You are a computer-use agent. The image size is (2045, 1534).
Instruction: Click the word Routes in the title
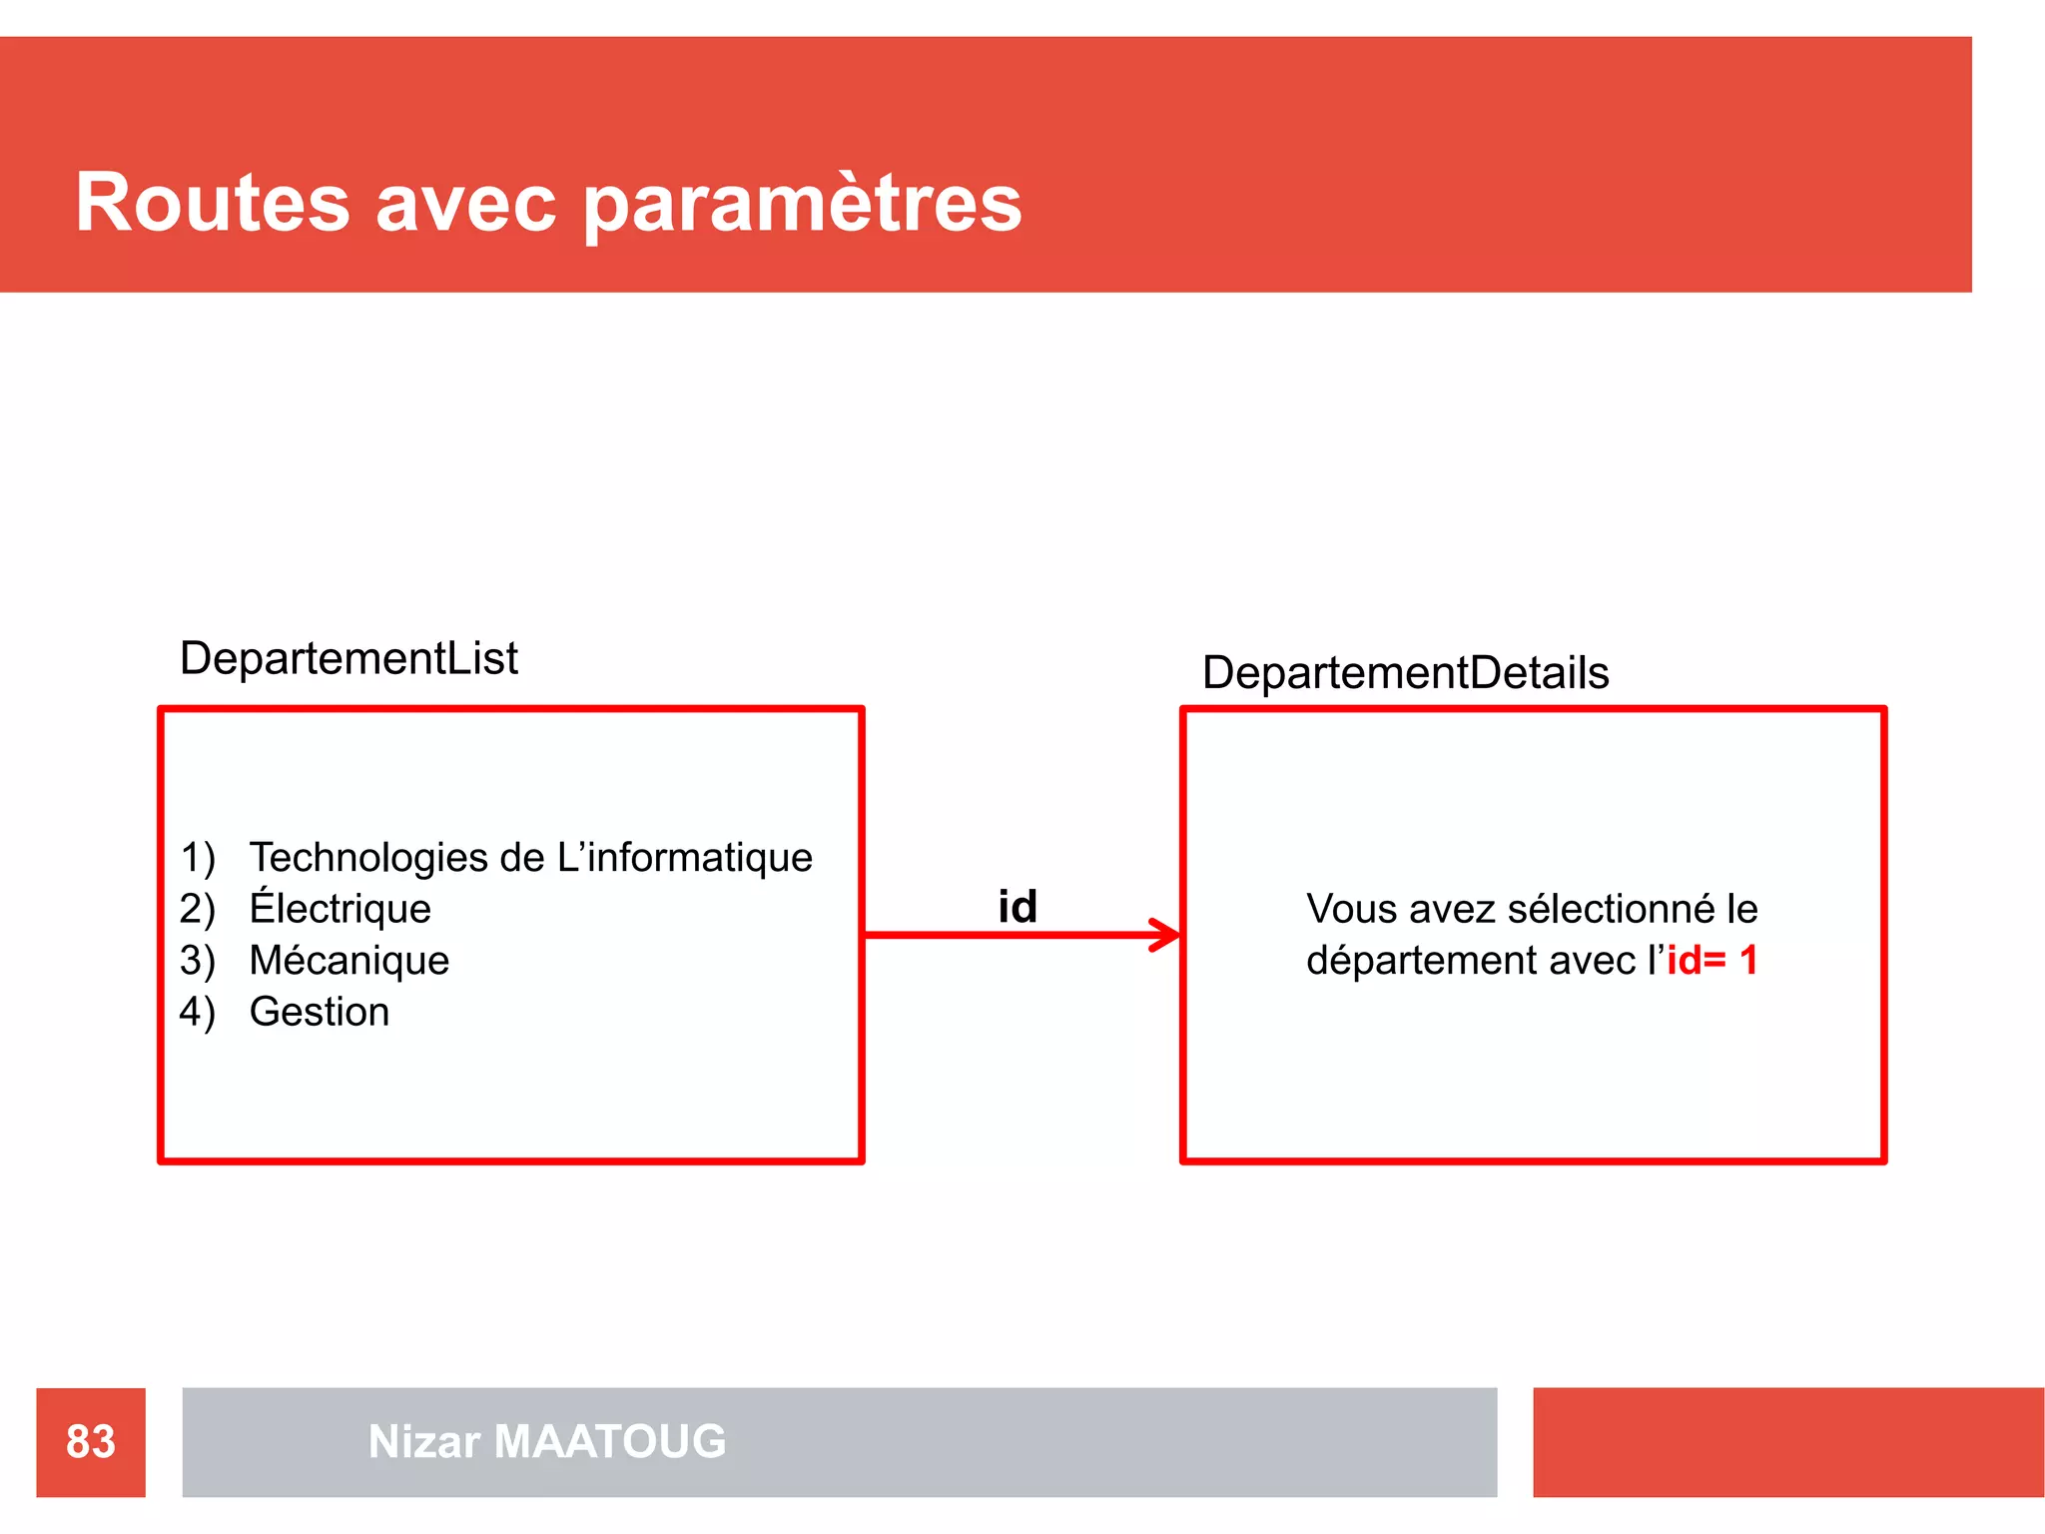[213, 203]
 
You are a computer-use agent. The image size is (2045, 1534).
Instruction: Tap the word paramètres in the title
[802, 205]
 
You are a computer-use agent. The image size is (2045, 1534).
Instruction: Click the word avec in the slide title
[465, 205]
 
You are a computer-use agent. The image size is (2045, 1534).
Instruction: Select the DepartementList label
[348, 659]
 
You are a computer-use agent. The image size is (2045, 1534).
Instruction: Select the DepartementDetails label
[1405, 673]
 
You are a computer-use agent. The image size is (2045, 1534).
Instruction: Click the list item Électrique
[340, 909]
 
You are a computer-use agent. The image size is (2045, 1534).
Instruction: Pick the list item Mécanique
[348, 961]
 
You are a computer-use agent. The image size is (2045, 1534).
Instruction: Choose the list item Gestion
[319, 1013]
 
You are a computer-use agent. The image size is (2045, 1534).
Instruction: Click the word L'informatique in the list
[684, 858]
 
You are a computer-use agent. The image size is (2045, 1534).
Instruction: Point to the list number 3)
[197, 961]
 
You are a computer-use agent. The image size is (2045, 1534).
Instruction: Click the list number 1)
[198, 858]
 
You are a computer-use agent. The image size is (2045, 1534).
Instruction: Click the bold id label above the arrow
[1018, 907]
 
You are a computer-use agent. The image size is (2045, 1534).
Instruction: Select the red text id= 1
[1711, 961]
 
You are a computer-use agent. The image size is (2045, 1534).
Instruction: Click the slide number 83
[91, 1442]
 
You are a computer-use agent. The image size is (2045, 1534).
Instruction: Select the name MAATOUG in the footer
[610, 1442]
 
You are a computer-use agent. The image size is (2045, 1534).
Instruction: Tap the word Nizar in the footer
[424, 1442]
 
